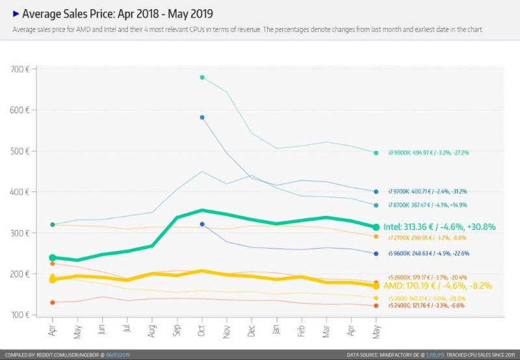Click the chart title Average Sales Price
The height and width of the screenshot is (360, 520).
[117, 14]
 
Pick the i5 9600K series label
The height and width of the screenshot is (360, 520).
[429, 253]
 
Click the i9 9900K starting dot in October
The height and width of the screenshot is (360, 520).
[202, 77]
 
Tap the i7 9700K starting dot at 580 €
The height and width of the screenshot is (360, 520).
[202, 118]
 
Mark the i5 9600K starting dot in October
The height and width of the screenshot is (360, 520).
[202, 224]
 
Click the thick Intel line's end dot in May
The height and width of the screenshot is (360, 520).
[376, 227]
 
